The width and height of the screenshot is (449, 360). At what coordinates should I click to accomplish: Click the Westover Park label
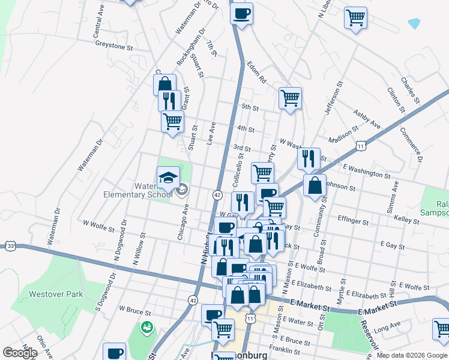click(55, 295)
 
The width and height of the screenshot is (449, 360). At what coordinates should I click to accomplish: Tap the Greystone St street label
click(113, 46)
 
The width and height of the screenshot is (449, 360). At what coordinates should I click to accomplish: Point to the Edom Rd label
click(255, 71)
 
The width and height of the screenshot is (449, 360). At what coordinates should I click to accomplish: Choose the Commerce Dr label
click(411, 145)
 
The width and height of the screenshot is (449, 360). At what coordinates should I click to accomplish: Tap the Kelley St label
click(406, 221)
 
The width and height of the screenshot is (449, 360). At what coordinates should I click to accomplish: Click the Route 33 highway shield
click(10, 245)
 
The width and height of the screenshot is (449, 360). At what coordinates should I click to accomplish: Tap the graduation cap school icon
click(168, 177)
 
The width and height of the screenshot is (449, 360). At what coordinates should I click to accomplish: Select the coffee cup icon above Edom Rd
click(241, 14)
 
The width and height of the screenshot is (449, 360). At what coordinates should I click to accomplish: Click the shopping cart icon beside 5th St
click(290, 97)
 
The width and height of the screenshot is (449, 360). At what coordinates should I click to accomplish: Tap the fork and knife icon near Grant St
click(170, 100)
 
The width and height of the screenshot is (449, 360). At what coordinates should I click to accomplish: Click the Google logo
click(20, 352)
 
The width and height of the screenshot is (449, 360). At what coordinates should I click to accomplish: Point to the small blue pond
click(414, 23)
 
